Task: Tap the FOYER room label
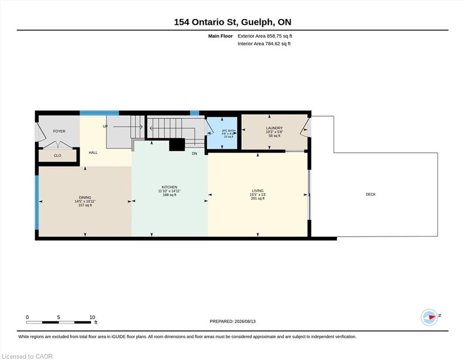[x=59, y=131]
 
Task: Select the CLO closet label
[x=58, y=156]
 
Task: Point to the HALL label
[x=93, y=152]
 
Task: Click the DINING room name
[x=85, y=197]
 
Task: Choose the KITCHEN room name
[x=170, y=187]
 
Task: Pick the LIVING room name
[x=258, y=190]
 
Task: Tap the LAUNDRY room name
[x=274, y=128]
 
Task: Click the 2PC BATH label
[x=229, y=131]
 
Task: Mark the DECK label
[x=371, y=195]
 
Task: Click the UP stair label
[x=105, y=127]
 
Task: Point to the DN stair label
[x=194, y=153]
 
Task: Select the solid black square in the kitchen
[x=177, y=145]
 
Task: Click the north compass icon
[x=429, y=317]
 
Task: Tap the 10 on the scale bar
[x=92, y=317]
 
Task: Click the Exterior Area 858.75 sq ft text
[x=265, y=36]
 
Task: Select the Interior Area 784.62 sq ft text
[x=264, y=44]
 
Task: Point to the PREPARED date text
[x=232, y=321]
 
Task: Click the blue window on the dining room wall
[x=37, y=202]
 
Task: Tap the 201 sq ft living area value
[x=258, y=198]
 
